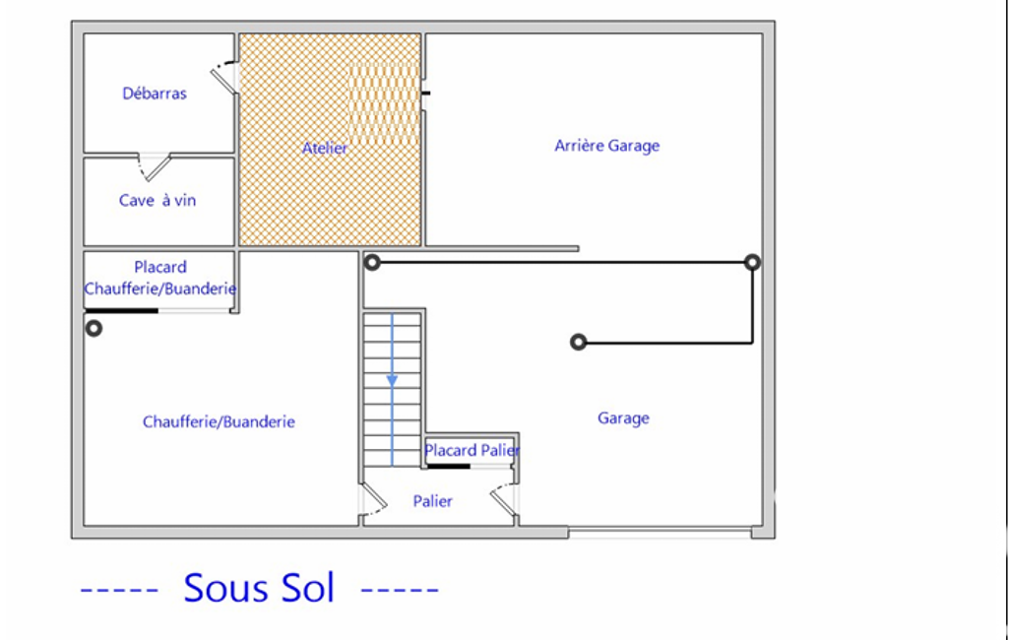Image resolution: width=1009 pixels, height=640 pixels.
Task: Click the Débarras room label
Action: tap(155, 94)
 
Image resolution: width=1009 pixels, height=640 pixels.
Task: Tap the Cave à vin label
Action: tap(158, 200)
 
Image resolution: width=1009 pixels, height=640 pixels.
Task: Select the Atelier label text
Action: tap(325, 148)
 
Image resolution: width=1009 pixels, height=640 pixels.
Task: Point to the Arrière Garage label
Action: tap(606, 146)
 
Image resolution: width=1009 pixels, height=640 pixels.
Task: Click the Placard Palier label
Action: tap(472, 450)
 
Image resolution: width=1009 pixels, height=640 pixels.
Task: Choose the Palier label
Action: tap(432, 501)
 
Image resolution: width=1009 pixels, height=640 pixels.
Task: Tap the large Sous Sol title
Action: tap(259, 587)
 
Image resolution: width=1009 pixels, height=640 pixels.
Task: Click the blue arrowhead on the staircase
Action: tap(392, 381)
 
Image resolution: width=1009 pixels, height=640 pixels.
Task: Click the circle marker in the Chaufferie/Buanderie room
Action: tap(94, 329)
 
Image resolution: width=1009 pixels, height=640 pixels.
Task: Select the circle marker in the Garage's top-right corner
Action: tap(752, 262)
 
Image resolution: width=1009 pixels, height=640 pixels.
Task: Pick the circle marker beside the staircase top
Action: tap(372, 262)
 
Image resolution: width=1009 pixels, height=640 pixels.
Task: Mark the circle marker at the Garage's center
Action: tap(579, 342)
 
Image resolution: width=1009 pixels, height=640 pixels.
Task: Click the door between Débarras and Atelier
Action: tap(224, 77)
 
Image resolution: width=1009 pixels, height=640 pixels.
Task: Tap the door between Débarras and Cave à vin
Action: tap(156, 167)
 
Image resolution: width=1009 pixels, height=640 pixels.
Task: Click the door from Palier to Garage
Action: tap(504, 500)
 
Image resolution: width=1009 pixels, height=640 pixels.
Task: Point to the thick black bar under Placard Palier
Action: tap(449, 466)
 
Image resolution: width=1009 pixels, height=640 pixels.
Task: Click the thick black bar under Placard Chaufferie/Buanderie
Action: tap(122, 311)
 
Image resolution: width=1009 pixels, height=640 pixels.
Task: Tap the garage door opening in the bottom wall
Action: tap(660, 533)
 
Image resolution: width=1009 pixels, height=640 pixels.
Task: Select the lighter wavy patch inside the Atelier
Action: tap(384, 103)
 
